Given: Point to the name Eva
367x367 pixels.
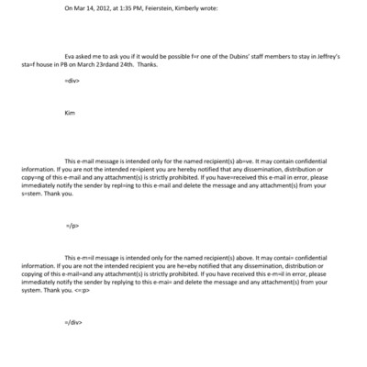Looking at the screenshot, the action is pos(70,54).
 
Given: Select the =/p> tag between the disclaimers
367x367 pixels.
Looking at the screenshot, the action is pos(72,224).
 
